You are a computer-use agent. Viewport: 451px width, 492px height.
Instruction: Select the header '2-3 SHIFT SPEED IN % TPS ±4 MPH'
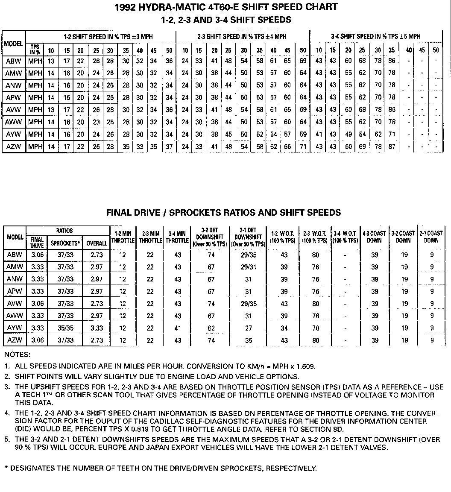(242, 37)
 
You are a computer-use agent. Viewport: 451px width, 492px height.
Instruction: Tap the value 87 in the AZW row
(392, 147)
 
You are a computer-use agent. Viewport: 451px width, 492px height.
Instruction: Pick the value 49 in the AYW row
(348, 135)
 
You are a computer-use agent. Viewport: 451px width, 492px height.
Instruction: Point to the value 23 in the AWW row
(96, 122)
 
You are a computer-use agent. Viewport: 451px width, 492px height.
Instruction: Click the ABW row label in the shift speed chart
(14, 61)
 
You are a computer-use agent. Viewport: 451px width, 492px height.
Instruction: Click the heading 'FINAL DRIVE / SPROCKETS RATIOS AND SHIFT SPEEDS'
(224, 212)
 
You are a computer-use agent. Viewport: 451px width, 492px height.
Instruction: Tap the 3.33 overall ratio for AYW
(97, 328)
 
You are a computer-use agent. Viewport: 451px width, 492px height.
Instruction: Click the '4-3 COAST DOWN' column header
(374, 237)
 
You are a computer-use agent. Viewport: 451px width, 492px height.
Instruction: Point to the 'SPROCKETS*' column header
(65, 243)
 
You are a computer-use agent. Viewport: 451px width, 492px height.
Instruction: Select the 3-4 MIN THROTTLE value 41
(178, 328)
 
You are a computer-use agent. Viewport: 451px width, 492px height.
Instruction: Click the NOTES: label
(18, 354)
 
